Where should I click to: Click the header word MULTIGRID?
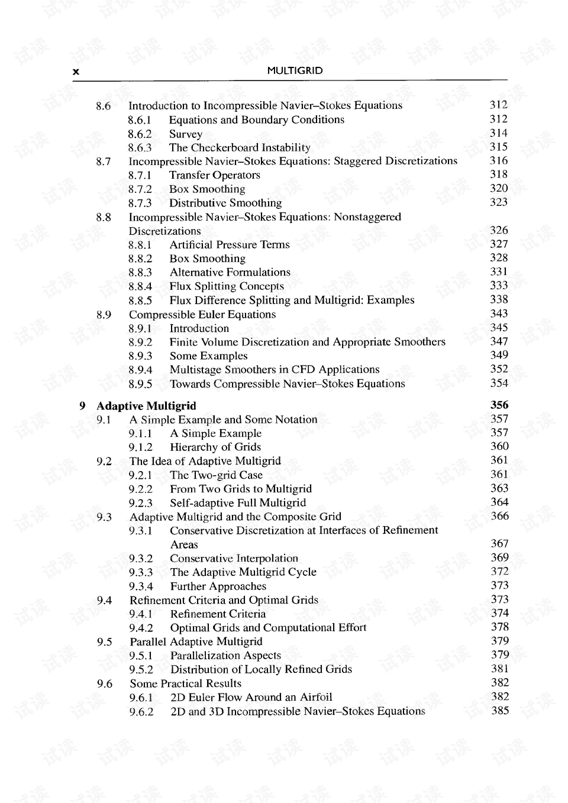(295, 70)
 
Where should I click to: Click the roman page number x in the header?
(76, 72)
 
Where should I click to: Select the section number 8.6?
(103, 106)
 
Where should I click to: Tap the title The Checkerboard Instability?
(239, 147)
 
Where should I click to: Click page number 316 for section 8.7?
(498, 160)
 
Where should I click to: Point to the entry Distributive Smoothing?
(225, 203)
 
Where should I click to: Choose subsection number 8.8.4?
(140, 286)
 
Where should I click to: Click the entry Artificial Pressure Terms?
(229, 244)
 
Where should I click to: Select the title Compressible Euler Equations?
(202, 314)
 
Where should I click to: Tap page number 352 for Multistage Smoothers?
(499, 369)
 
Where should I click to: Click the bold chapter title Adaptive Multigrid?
(146, 406)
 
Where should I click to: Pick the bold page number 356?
(499, 405)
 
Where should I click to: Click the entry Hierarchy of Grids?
(215, 447)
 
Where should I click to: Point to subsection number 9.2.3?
(140, 503)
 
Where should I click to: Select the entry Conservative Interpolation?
(234, 558)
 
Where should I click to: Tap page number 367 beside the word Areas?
(499, 543)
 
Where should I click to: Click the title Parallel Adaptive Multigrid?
(196, 641)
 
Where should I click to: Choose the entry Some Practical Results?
(185, 683)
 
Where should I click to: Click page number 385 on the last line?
(500, 710)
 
